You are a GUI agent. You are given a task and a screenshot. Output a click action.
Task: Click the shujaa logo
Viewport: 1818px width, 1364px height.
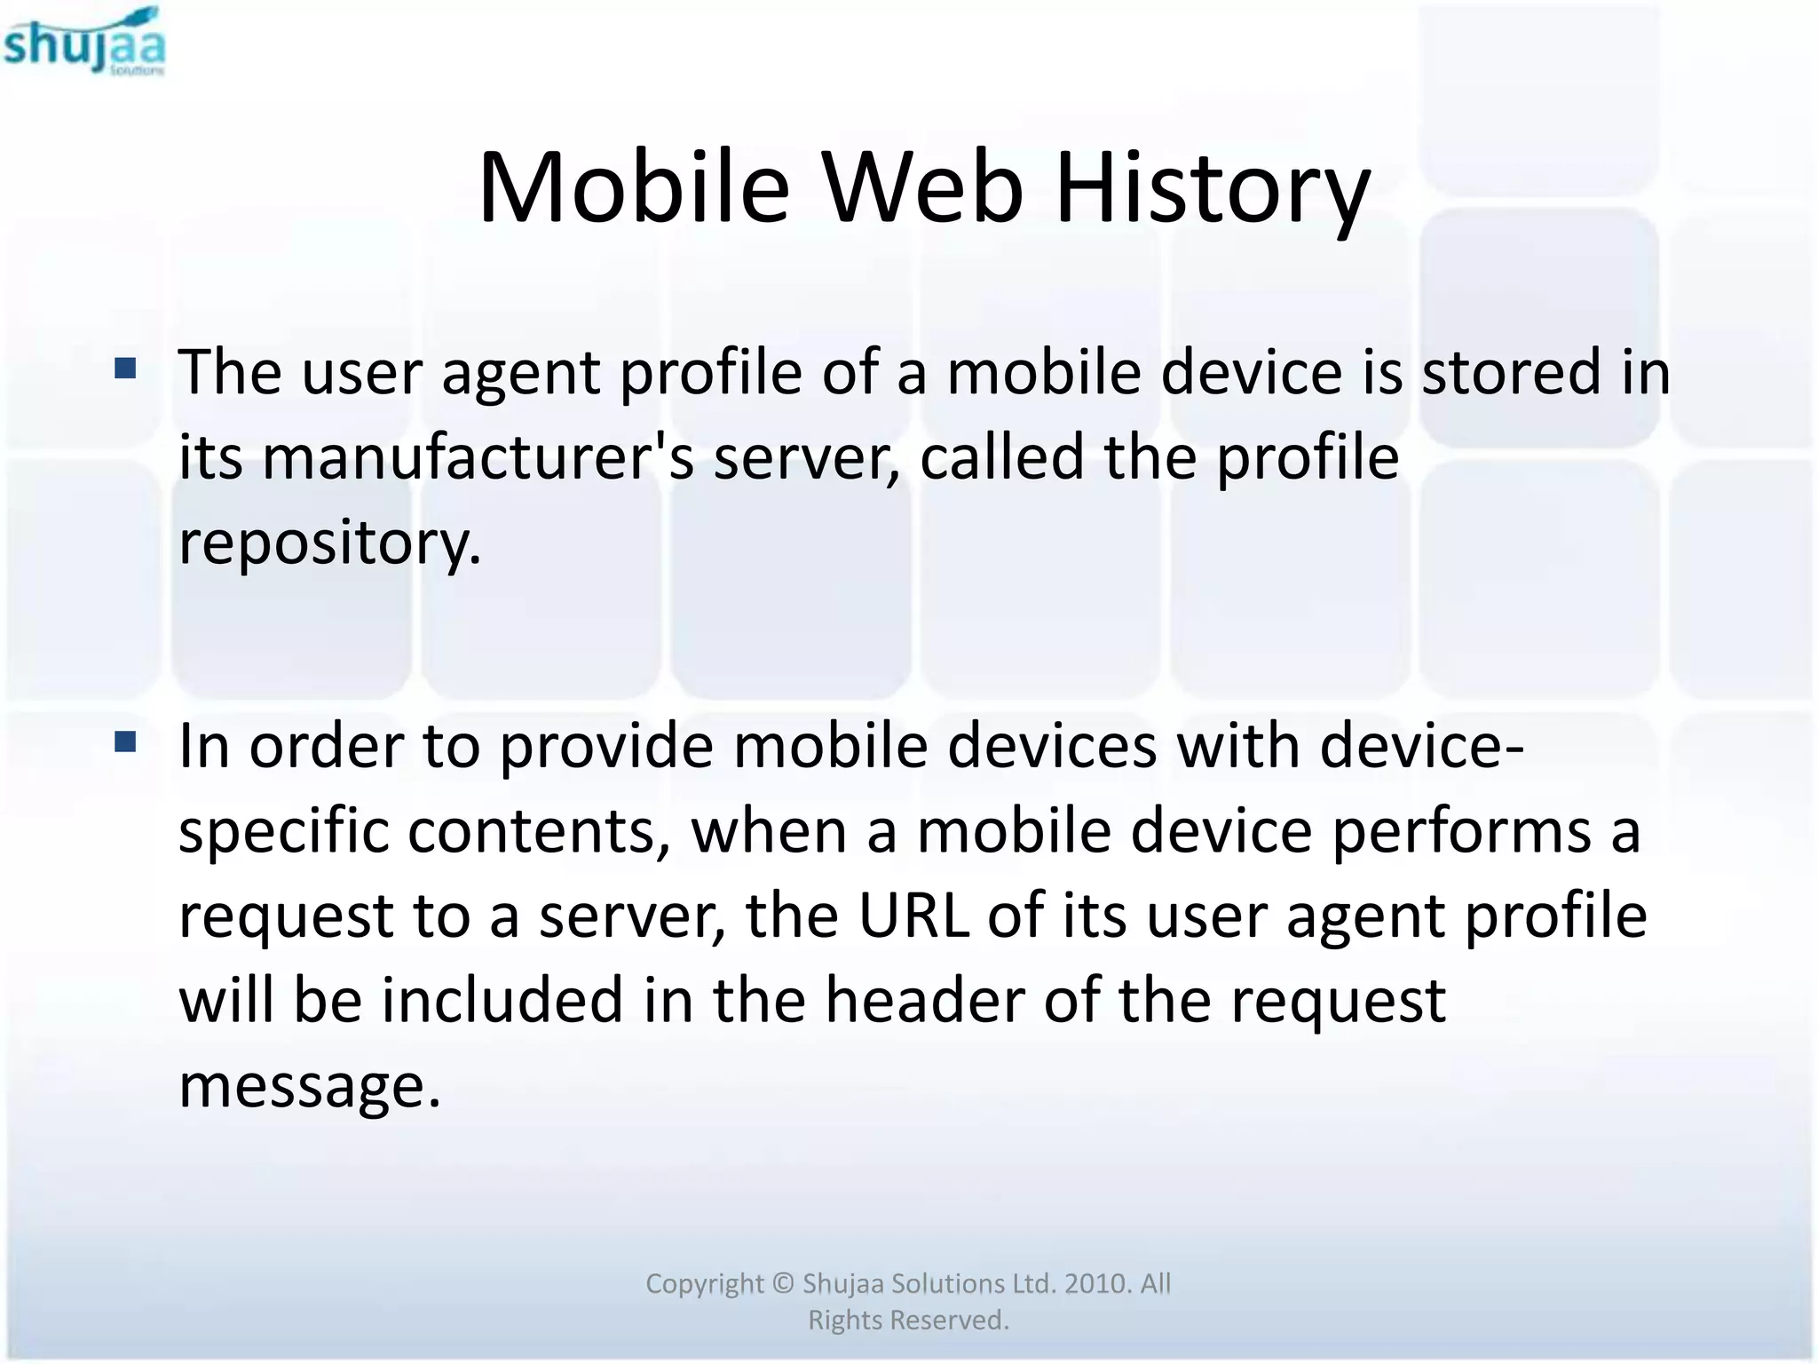click(x=84, y=42)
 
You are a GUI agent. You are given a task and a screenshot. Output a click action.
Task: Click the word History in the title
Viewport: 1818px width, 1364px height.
click(x=1212, y=188)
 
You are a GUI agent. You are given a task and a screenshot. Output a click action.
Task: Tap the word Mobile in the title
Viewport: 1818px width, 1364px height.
click(x=633, y=188)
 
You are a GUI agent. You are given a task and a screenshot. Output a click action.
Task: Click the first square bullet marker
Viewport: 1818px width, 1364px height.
click(x=125, y=368)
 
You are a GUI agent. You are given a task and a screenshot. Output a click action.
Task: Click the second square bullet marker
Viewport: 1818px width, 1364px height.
click(x=125, y=741)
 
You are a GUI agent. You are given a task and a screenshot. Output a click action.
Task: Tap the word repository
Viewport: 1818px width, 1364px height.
click(x=329, y=543)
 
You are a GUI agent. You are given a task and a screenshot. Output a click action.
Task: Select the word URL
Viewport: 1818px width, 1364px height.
click(x=913, y=916)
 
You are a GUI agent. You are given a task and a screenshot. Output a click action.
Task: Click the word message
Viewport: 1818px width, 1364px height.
click(x=309, y=1085)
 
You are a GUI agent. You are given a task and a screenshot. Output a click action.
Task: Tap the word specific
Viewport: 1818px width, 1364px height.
click(x=283, y=832)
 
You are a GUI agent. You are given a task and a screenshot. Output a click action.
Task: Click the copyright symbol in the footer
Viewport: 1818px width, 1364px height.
click(x=782, y=1283)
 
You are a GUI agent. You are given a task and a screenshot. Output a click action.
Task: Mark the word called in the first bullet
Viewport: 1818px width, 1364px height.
click(x=1001, y=458)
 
